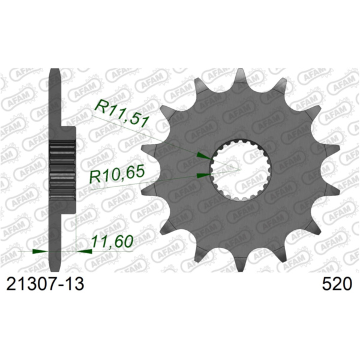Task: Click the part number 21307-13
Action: [44, 284]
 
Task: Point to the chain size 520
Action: [335, 284]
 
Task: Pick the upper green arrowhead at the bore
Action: [204, 156]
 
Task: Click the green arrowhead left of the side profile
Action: [40, 251]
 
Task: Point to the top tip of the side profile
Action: [56, 71]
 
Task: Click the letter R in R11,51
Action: [100, 109]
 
